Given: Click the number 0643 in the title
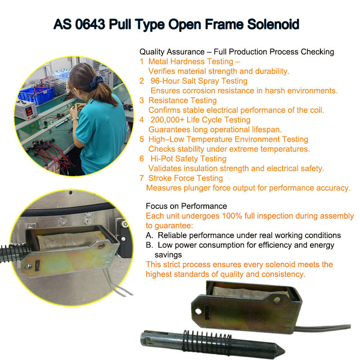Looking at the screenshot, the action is click(x=90, y=24).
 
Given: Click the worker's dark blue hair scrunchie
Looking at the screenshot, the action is click(x=97, y=82).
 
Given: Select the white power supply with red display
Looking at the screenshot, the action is click(x=25, y=110).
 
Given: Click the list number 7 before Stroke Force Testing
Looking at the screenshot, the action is click(x=142, y=178).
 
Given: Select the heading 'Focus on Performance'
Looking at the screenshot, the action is click(x=186, y=206).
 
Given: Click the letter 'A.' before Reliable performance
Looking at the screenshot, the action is click(x=149, y=235).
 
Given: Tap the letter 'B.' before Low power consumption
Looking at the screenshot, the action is click(x=149, y=245).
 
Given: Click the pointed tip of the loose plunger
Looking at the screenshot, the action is click(x=285, y=351).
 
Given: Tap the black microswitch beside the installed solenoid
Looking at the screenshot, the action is click(x=124, y=239).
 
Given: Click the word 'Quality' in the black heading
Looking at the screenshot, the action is click(x=152, y=52).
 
